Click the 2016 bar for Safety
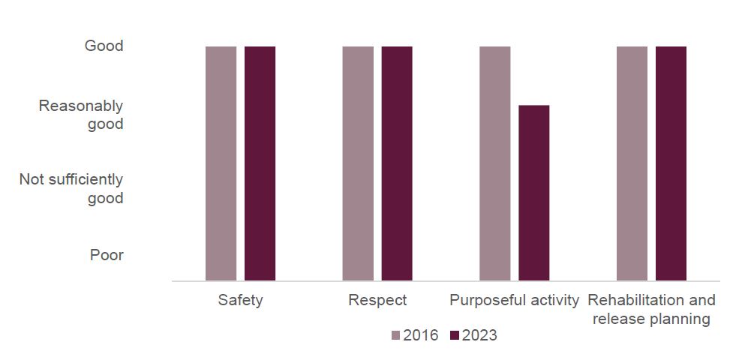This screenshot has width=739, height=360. [221, 163]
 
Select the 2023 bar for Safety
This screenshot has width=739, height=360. [260, 163]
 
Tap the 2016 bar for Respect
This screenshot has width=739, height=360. [358, 163]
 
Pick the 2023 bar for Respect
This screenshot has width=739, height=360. [397, 163]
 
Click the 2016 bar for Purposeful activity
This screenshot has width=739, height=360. [495, 163]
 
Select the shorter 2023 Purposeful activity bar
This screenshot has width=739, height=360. [534, 193]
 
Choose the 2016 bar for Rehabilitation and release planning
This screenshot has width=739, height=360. [632, 163]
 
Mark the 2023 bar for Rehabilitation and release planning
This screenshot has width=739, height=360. [671, 163]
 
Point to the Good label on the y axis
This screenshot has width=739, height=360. [104, 46]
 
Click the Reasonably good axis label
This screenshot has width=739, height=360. [81, 115]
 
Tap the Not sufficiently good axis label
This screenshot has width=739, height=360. [71, 189]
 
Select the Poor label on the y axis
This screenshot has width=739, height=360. [107, 255]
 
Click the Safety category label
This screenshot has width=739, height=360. [240, 301]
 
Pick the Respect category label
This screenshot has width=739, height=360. [377, 301]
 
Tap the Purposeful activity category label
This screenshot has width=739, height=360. [514, 301]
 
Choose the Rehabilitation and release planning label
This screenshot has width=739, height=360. [651, 309]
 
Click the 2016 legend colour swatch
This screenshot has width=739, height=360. [396, 336]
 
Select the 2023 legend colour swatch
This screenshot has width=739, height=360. [455, 336]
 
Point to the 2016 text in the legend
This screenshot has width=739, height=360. [421, 336]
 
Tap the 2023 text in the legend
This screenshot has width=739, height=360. [479, 336]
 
